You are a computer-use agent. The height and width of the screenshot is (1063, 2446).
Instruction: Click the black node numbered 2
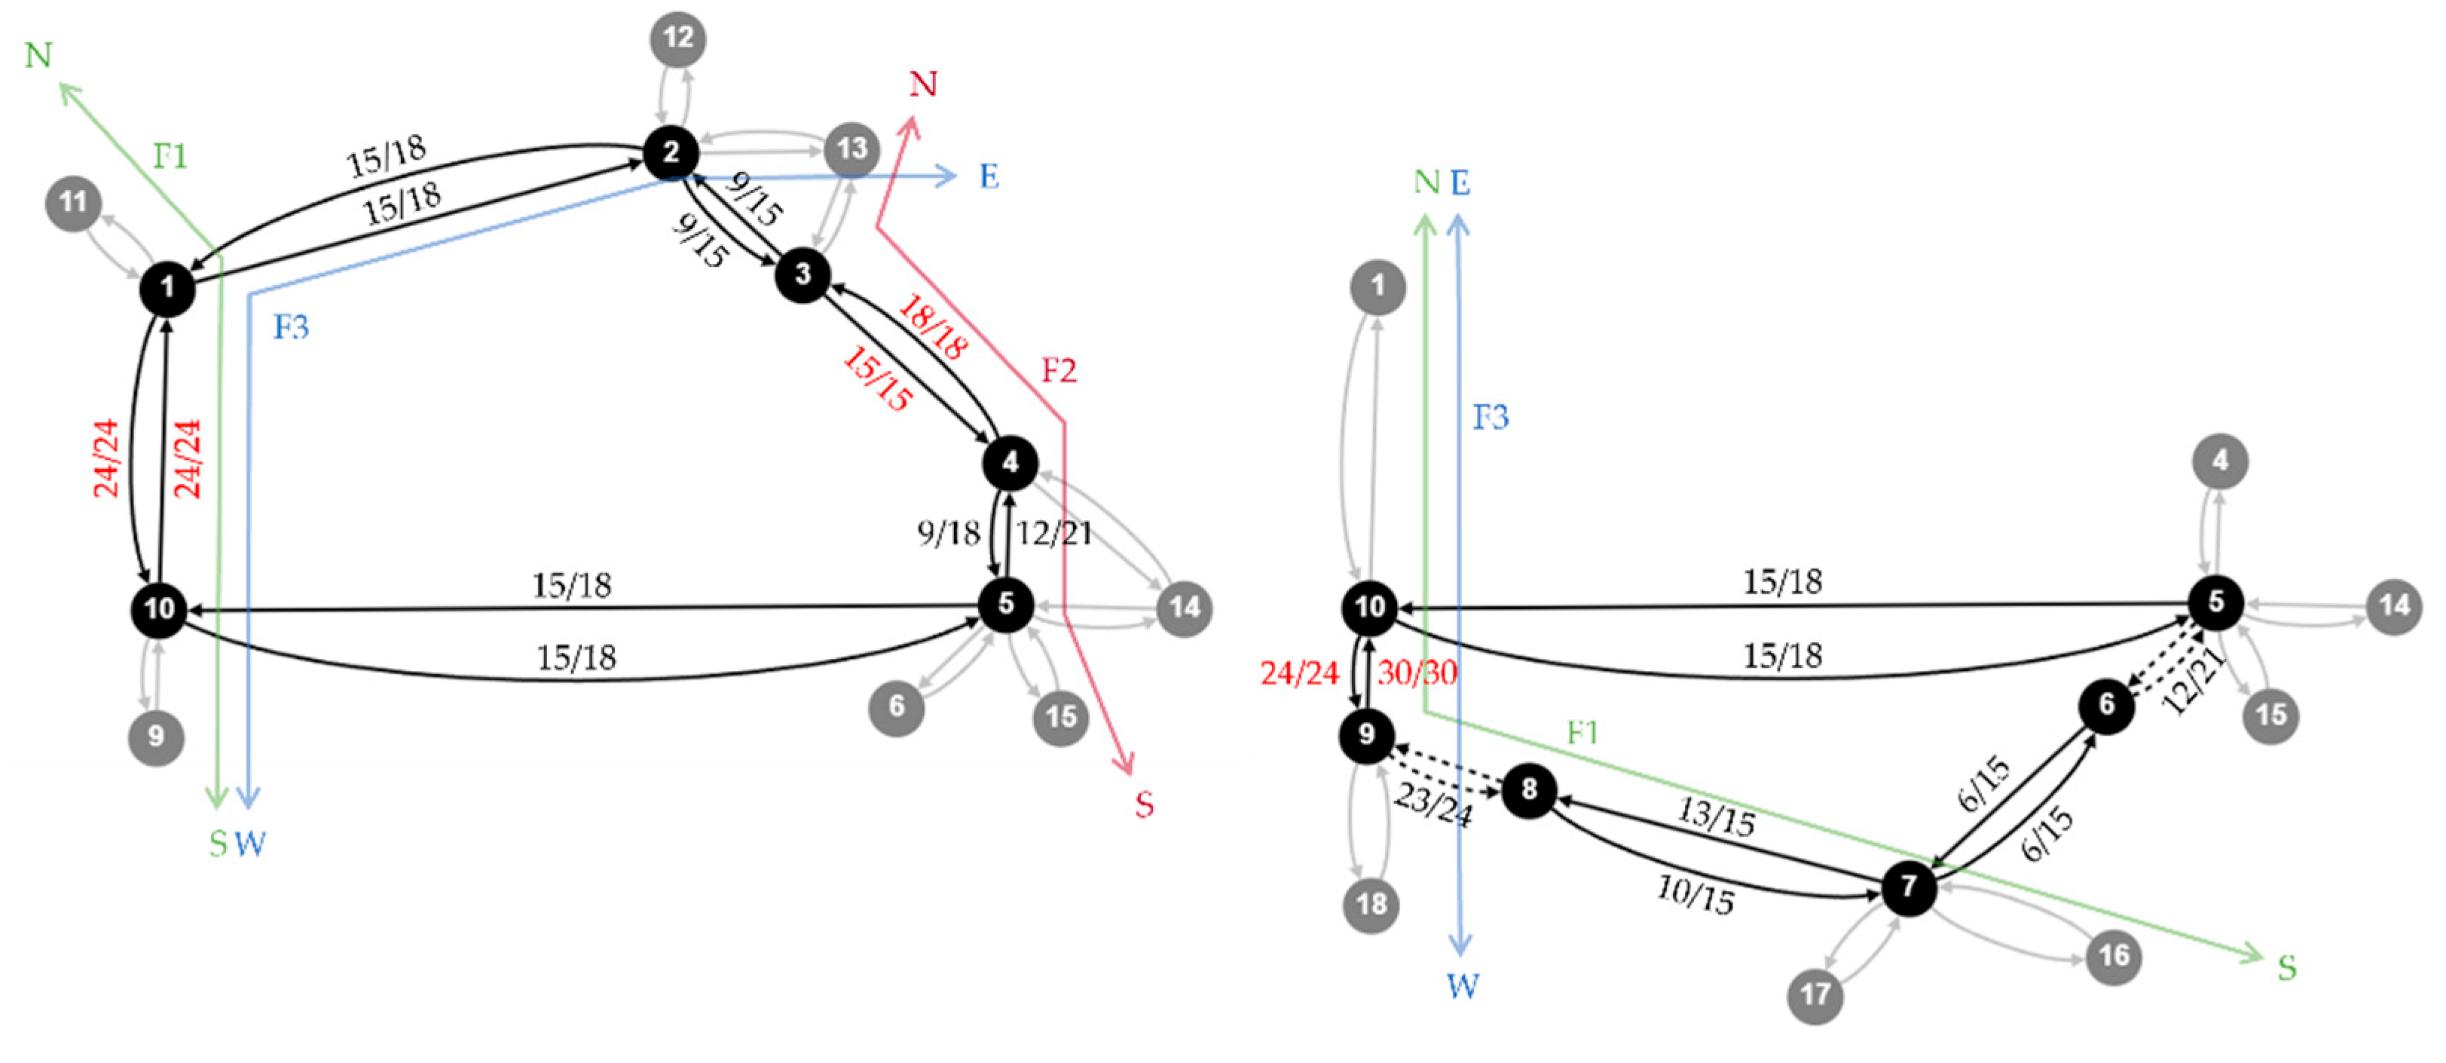[x=671, y=152]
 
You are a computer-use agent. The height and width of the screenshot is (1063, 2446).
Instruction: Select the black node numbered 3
[x=803, y=274]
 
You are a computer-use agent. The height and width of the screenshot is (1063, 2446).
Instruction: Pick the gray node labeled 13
[x=852, y=149]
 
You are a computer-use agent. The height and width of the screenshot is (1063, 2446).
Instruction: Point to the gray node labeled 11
[x=73, y=202]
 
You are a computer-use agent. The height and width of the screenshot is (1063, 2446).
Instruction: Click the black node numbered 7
[x=1909, y=887]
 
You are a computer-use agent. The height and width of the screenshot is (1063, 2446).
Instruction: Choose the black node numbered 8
[x=1529, y=789]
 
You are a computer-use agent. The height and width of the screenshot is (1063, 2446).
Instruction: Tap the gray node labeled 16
[x=2114, y=956]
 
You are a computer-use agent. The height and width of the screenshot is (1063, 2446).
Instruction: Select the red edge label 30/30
[x=1417, y=672]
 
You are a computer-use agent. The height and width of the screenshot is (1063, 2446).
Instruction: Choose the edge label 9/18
[x=948, y=533]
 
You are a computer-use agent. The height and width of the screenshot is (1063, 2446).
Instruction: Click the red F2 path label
[x=1059, y=369]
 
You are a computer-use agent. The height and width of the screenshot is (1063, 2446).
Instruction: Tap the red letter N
[x=923, y=84]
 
